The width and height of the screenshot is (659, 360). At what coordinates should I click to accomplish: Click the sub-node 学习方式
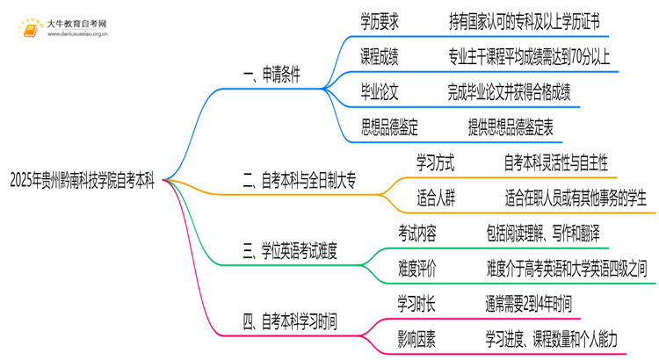435,163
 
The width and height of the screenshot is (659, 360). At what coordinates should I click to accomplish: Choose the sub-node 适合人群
435,198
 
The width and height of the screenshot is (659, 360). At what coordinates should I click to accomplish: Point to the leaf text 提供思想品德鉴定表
511,128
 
